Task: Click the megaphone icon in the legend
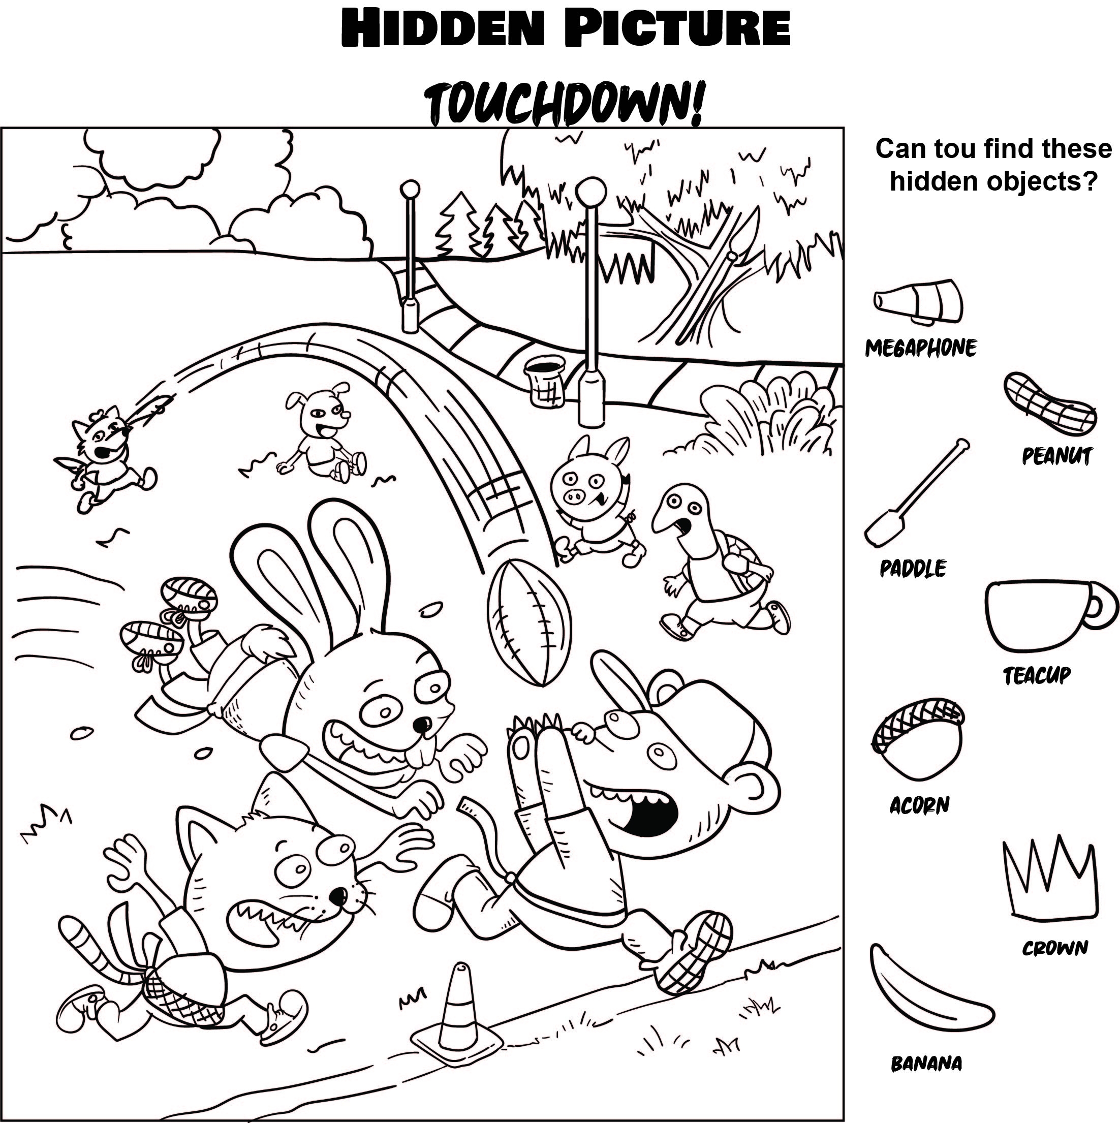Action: tap(918, 302)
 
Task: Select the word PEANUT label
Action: tap(1056, 456)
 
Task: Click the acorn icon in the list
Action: tap(918, 739)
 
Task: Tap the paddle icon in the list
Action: tap(913, 494)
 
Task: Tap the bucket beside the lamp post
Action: tap(545, 381)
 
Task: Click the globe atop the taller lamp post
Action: tap(591, 190)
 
